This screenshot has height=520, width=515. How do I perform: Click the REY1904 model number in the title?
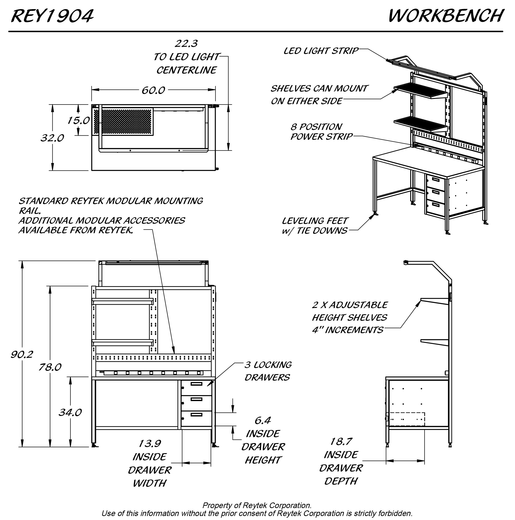tap(52, 16)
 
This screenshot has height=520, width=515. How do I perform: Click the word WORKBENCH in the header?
tap(446, 16)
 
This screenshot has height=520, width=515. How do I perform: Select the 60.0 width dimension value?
tap(153, 90)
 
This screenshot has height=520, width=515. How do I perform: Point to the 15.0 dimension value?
tap(78, 120)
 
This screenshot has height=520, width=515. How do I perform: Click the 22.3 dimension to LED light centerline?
tap(186, 43)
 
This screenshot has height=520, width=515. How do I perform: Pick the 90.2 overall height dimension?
tap(22, 354)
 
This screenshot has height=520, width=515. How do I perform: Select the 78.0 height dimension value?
tap(50, 367)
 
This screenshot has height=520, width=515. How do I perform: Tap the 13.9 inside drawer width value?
tap(150, 443)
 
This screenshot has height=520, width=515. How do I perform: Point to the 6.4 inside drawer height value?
tap(263, 420)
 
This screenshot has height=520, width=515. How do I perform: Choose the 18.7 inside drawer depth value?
tap(341, 441)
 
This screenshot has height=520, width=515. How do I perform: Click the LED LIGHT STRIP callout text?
tap(321, 51)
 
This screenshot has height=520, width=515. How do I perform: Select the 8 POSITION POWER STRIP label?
tap(321, 132)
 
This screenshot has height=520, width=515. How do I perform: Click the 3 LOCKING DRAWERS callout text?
tap(268, 371)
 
